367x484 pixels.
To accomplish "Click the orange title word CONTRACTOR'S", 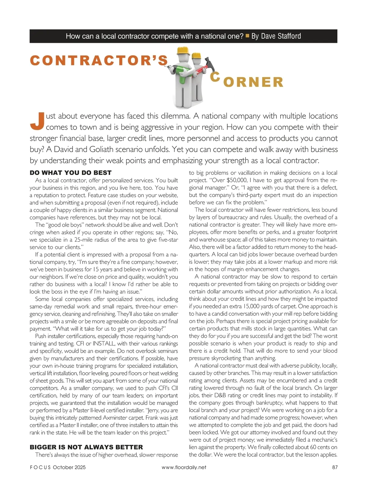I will coord(99,60).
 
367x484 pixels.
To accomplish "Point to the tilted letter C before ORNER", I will coord(215,76).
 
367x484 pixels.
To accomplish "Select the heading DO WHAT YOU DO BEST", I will coord(71,173).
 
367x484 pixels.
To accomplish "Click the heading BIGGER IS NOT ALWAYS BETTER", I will coord(86,447).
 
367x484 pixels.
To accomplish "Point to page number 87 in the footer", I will coord(334,467).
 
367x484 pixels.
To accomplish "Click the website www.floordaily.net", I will coord(184,467).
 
